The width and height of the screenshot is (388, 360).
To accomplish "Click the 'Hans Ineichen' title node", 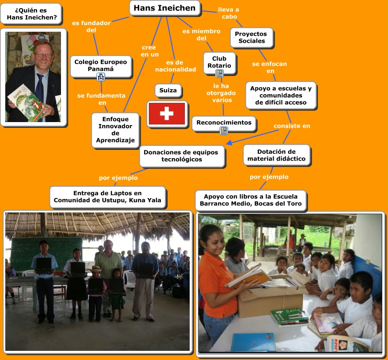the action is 165,8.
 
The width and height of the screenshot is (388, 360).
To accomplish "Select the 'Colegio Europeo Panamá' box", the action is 101,66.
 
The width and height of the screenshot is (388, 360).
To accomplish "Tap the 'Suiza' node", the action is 168,90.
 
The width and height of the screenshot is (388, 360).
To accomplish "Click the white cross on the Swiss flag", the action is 167,113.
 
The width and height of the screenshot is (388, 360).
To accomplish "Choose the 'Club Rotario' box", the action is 219,62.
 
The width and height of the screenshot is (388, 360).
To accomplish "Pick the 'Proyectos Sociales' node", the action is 252,37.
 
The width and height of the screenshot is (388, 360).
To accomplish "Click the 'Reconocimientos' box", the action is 224,123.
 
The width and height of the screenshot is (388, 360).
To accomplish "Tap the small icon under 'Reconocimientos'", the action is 224,130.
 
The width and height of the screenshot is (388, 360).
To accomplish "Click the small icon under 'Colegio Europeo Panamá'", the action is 101,77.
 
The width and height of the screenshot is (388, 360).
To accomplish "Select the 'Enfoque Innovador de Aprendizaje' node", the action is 115,130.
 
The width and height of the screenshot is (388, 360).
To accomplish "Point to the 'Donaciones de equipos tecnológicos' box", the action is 182,156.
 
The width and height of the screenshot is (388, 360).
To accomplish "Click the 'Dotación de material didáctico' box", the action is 277,155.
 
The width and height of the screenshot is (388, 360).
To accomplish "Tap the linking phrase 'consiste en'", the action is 292,126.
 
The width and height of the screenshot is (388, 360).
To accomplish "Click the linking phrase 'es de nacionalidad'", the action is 175,66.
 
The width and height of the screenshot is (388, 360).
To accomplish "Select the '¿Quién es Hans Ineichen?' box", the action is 31,14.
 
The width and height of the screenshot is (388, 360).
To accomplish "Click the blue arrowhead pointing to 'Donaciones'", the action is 230,143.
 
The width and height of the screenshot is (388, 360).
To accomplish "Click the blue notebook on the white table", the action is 254,342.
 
